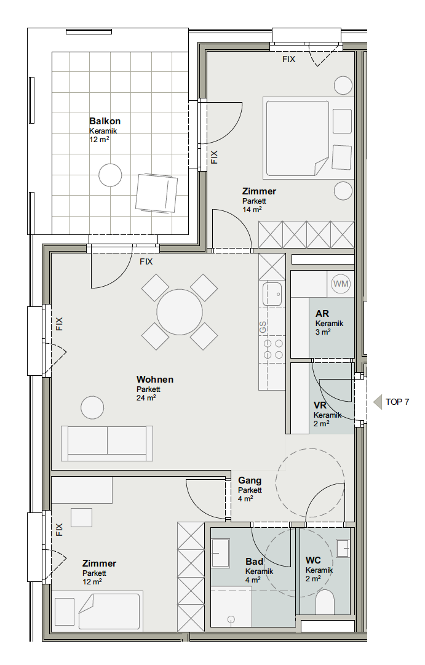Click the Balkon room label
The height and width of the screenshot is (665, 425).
[x=105, y=121]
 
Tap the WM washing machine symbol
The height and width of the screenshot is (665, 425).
[x=341, y=284]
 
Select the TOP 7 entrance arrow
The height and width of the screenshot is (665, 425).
[x=378, y=402]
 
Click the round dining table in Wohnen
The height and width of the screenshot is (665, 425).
[x=180, y=312]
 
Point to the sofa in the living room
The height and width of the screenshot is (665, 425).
[x=107, y=443]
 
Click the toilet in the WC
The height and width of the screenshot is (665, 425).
[x=325, y=601]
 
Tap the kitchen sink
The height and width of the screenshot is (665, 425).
[x=272, y=294]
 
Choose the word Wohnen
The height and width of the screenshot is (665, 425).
[x=155, y=380]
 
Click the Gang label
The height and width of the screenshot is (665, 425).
[x=250, y=480]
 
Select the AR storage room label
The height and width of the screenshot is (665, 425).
[x=322, y=314]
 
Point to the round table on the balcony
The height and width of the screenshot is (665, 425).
[x=110, y=175]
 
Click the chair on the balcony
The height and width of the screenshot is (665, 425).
[x=156, y=193]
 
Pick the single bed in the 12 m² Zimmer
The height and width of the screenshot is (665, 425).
[x=109, y=610]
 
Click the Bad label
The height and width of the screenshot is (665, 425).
[x=255, y=562]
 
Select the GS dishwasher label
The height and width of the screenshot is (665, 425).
[x=263, y=327]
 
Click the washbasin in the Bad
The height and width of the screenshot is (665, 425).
[x=221, y=554]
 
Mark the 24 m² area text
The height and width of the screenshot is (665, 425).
[x=146, y=398]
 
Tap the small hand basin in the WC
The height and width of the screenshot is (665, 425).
[x=343, y=548]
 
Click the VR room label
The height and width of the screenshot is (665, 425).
[x=320, y=406]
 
